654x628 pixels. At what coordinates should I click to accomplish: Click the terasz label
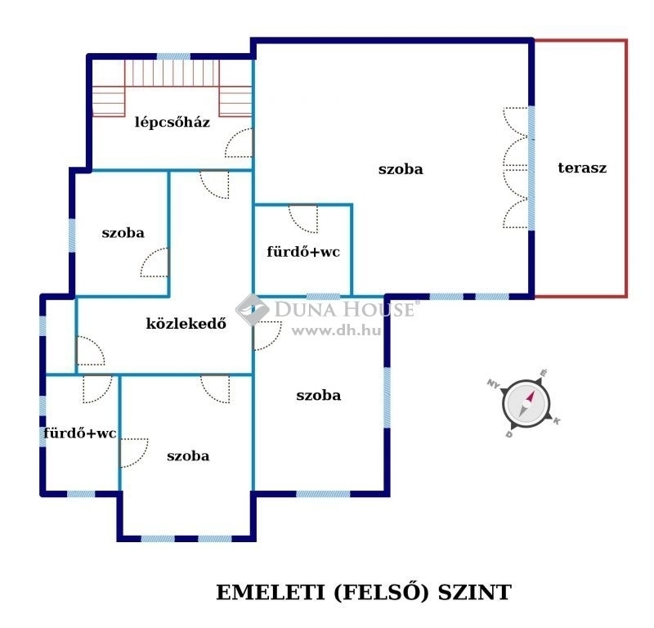[582, 168]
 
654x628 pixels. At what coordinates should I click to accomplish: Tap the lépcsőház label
[172, 122]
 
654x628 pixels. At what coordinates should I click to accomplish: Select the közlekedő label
[186, 323]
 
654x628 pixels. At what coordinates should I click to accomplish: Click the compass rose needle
[526, 403]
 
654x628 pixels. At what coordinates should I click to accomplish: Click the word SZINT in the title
[475, 593]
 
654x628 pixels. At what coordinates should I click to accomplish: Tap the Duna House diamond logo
[253, 309]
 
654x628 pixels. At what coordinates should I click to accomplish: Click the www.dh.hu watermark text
[336, 331]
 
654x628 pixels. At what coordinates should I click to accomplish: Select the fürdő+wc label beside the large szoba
[303, 252]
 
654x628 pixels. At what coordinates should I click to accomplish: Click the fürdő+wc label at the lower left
[79, 433]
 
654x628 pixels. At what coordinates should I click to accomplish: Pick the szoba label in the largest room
[401, 169]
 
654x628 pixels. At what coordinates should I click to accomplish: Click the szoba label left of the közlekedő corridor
[123, 232]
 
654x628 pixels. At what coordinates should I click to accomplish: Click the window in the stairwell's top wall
[173, 56]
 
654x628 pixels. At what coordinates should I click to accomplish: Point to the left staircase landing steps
[109, 101]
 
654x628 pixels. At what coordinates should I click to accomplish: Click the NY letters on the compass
[494, 384]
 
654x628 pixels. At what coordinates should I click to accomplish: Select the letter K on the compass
[557, 421]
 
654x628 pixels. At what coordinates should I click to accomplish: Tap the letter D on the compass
[508, 434]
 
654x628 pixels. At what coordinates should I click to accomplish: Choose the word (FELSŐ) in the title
[381, 593]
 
